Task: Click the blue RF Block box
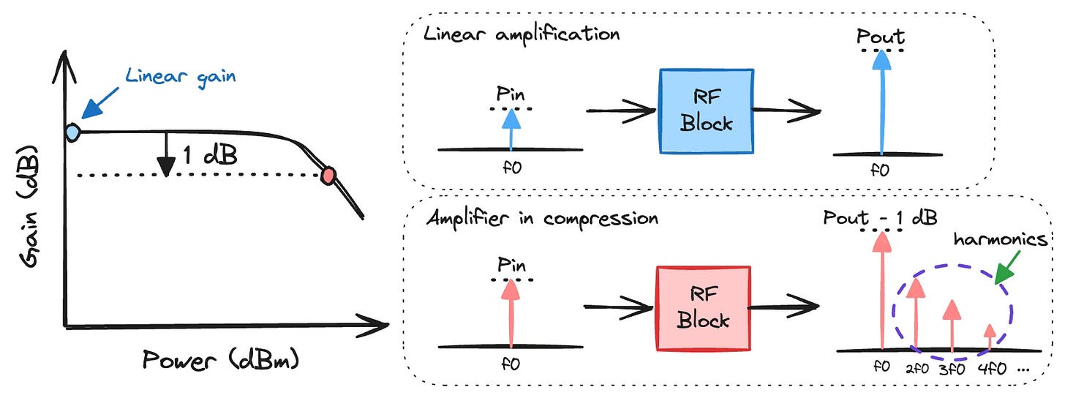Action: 706,111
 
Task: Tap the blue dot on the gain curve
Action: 72,132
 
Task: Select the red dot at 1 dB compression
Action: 329,174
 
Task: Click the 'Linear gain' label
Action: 180,76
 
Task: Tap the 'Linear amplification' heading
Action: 521,33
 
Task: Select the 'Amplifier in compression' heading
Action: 542,217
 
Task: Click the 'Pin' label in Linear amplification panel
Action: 511,94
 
